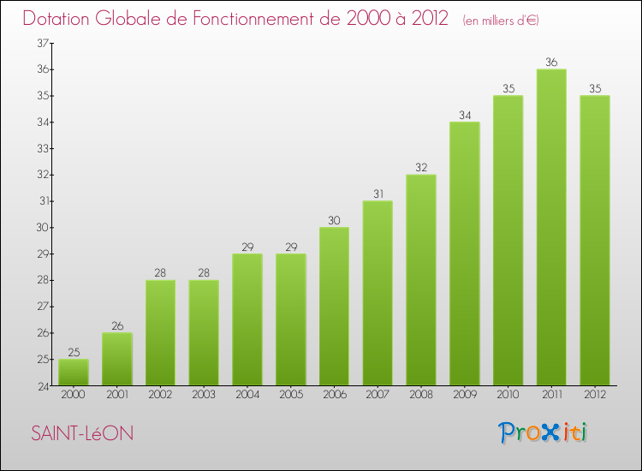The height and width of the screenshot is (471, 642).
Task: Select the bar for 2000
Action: (74, 373)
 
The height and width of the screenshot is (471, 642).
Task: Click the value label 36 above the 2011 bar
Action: (551, 62)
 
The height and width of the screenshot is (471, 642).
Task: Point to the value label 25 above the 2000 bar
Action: (74, 352)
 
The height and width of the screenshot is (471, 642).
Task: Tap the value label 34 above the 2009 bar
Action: (464, 115)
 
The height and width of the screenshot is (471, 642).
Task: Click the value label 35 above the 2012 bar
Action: (595, 88)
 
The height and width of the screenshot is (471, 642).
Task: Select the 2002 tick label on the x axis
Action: (160, 396)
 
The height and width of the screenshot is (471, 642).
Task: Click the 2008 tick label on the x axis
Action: (421, 396)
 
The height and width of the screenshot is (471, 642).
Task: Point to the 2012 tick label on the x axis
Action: (595, 396)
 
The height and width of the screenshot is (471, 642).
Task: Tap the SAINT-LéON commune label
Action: (82, 433)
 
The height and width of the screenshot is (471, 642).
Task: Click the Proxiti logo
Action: (544, 432)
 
